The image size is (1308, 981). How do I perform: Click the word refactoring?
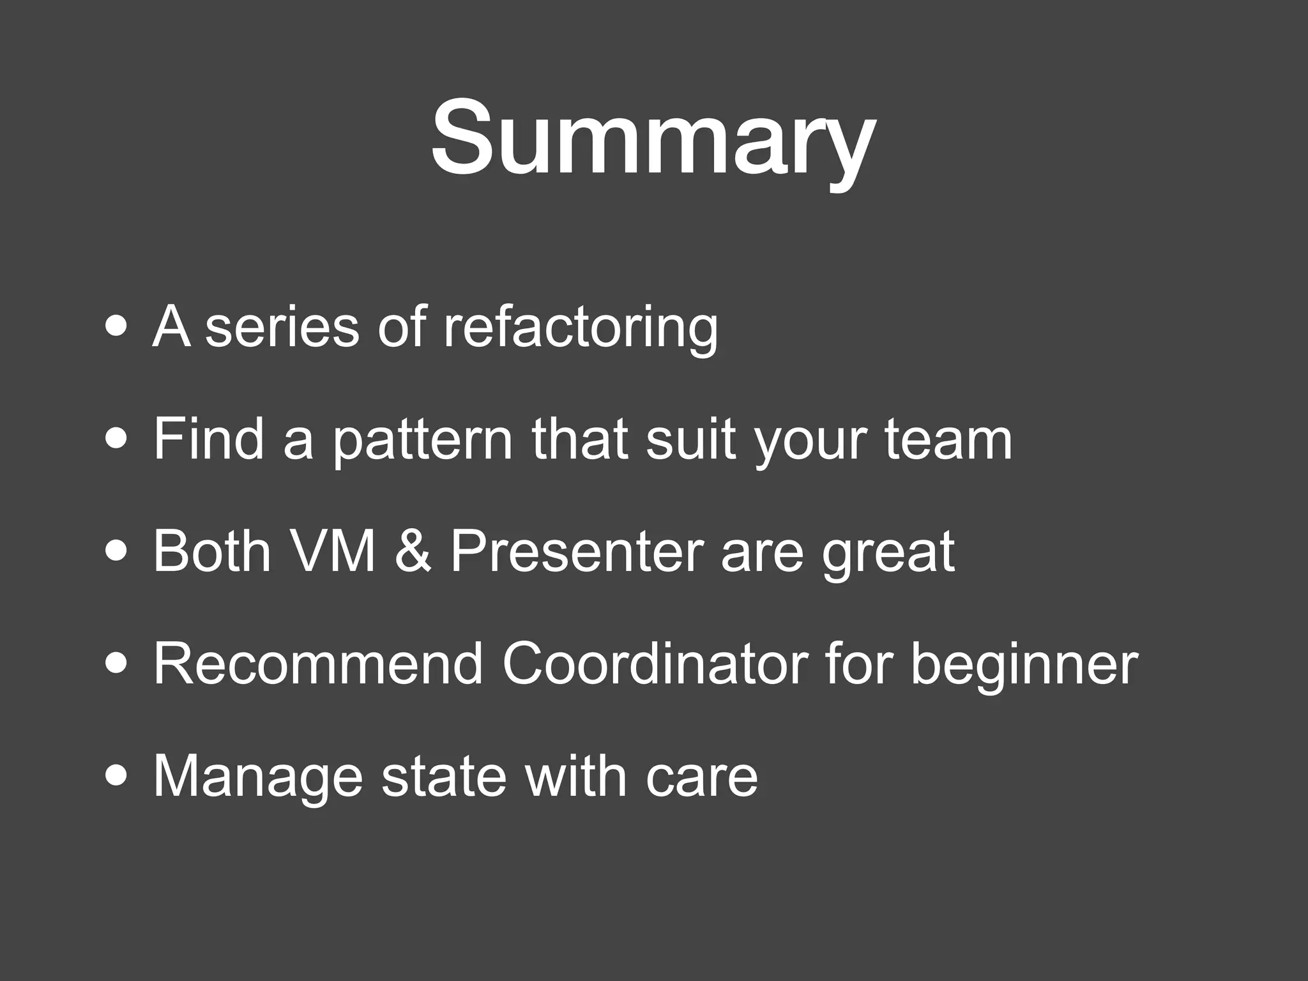[580, 327]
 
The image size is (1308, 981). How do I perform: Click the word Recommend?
[318, 664]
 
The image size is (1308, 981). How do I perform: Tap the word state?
[445, 777]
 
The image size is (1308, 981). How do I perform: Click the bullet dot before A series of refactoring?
[116, 328]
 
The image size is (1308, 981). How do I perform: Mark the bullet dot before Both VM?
[116, 552]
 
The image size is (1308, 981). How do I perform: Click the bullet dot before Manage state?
[116, 777]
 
